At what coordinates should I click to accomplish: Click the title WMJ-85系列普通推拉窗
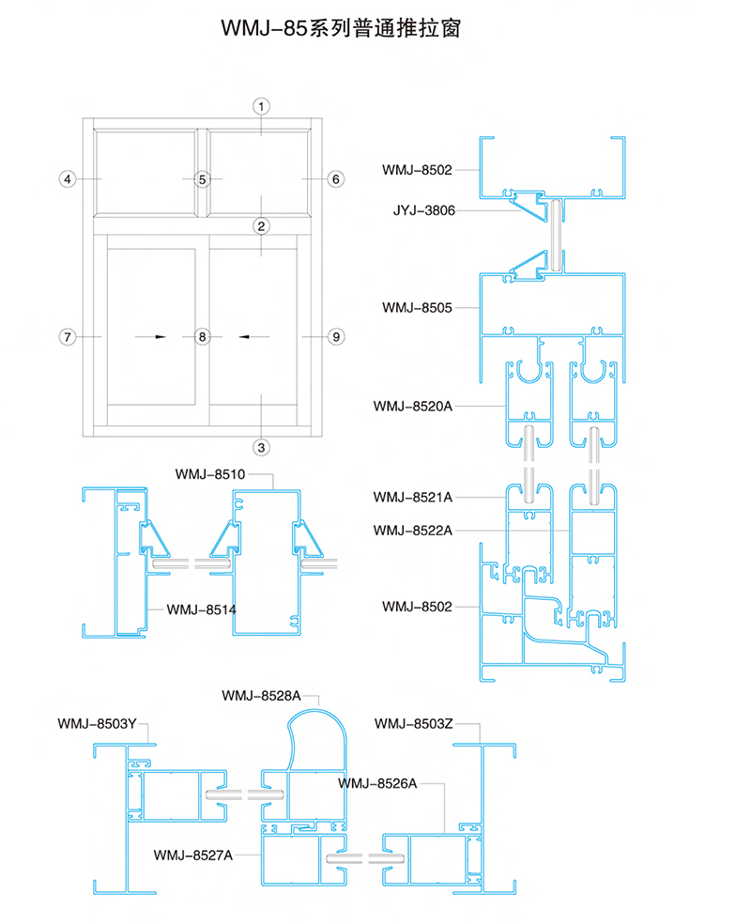[341, 27]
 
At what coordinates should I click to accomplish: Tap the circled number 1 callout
[262, 107]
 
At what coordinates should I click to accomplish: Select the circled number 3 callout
[262, 447]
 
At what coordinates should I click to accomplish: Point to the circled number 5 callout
[203, 179]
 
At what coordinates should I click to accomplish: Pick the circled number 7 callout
[68, 337]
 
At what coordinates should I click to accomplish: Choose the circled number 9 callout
[336, 337]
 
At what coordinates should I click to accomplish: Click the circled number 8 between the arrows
[203, 337]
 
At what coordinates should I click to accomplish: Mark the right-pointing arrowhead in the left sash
[161, 337]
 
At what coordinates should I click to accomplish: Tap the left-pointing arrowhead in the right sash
[244, 337]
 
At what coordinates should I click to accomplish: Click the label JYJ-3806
[424, 210]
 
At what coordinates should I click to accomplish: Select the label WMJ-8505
[417, 308]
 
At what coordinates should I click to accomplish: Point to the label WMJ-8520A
[413, 406]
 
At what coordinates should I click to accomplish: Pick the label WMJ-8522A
[413, 531]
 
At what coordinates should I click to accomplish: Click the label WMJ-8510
[210, 474]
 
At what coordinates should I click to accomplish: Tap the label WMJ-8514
[202, 609]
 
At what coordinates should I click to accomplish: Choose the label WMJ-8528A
[262, 696]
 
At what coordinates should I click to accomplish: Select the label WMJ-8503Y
[98, 724]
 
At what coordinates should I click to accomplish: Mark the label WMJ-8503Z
[414, 724]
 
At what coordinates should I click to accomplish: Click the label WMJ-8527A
[193, 855]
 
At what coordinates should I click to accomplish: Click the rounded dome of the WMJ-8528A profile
[317, 711]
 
